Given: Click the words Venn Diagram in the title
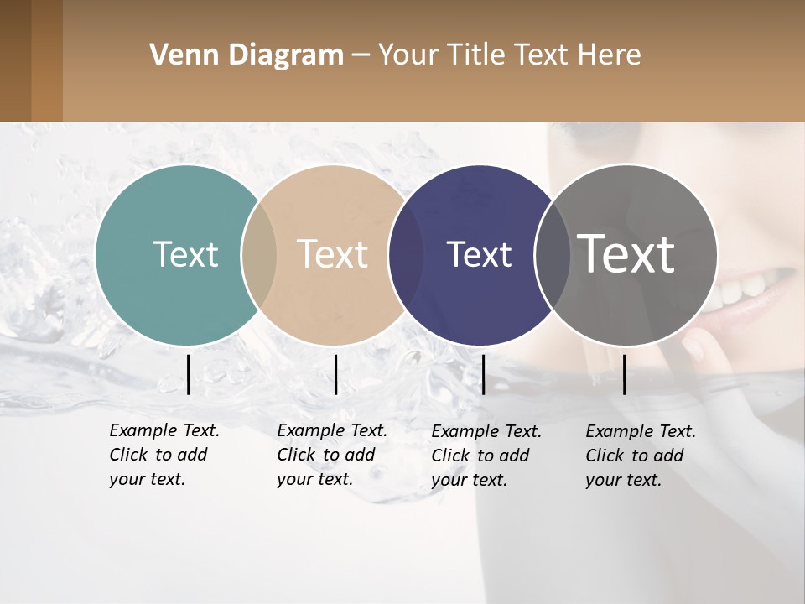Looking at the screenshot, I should [247, 55].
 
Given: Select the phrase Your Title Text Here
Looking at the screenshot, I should [509, 55].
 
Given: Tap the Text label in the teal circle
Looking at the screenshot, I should [185, 254].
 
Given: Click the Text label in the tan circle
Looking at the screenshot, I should [332, 254].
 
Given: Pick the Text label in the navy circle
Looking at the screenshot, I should [479, 254].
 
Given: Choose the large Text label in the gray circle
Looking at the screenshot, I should [626, 254].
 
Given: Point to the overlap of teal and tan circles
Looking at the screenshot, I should [259, 254].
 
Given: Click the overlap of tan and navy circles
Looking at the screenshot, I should [406, 254].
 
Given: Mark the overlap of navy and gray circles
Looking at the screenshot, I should [552, 254].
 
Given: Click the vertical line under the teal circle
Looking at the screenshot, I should [188, 374].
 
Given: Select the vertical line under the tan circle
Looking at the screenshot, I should [335, 374].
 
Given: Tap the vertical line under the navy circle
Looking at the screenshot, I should [483, 374].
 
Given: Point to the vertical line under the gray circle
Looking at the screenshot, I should [624, 374].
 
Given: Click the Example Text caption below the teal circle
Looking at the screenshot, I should [164, 455].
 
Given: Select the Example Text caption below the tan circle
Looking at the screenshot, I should [332, 455].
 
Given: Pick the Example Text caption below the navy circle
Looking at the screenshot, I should [486, 456].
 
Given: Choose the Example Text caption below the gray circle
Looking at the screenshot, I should [641, 456].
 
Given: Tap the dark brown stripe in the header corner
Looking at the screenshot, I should [15, 60].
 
